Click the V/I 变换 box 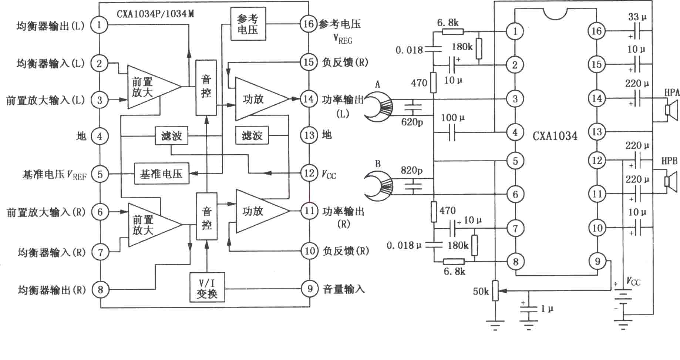click(x=207, y=288)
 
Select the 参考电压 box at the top click(x=248, y=24)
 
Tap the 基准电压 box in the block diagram click(x=161, y=174)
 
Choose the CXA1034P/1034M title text click(x=155, y=14)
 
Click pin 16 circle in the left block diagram click(x=309, y=24)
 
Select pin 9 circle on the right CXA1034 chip click(x=597, y=262)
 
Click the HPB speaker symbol click(x=670, y=181)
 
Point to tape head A click(x=378, y=107)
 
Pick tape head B click(x=378, y=185)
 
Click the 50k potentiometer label click(x=481, y=292)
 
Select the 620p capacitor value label click(x=412, y=122)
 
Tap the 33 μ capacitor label click(x=637, y=17)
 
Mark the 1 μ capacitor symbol click(x=528, y=313)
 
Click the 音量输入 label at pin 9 click(x=344, y=289)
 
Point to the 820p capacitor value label click(x=411, y=170)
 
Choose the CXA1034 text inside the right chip click(x=555, y=136)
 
